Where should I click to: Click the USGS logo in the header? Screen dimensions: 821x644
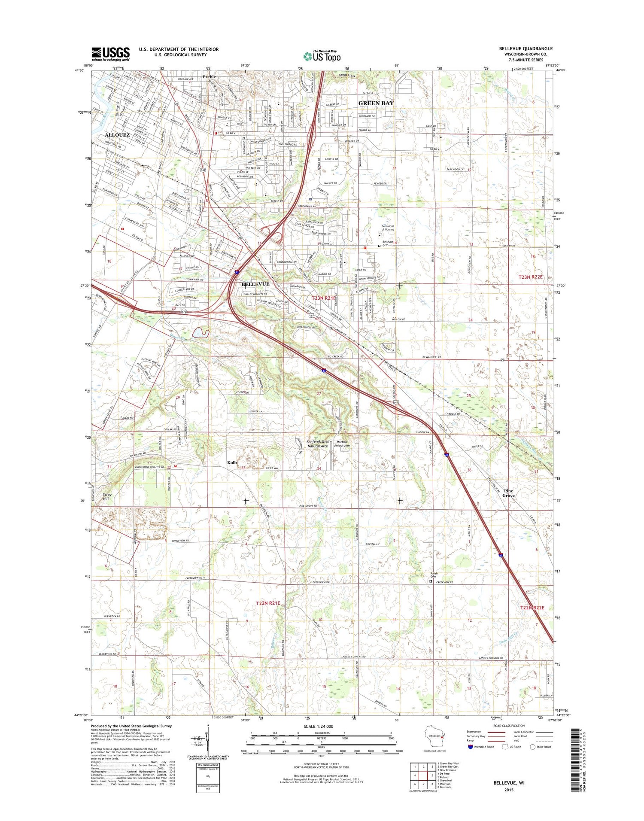[x=110, y=54]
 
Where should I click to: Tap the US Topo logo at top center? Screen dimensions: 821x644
[x=322, y=56]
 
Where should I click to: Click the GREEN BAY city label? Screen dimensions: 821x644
[x=376, y=103]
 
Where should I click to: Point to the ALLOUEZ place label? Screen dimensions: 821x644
[x=117, y=135]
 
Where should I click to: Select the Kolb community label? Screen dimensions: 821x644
[x=232, y=462]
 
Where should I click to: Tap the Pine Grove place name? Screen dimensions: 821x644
[x=508, y=493]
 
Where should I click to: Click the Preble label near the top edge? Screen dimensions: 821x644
[x=210, y=77]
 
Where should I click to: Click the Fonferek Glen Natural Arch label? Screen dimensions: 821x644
[x=318, y=444]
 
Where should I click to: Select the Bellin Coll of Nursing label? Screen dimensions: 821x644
[x=388, y=228]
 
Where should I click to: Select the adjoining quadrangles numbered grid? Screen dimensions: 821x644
[x=421, y=774]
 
